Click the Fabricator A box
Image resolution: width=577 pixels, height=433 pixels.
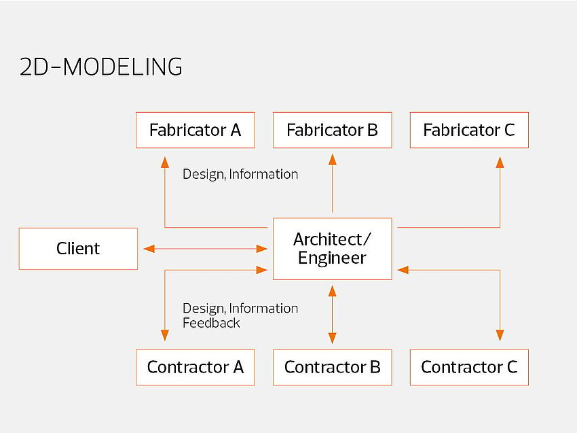click(195, 130)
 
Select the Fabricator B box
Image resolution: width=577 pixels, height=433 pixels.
click(332, 130)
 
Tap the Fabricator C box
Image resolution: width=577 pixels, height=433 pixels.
click(469, 130)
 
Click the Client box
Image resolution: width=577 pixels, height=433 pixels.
click(78, 249)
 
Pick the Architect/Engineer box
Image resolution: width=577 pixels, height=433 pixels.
click(332, 249)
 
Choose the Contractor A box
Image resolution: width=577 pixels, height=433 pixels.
click(195, 368)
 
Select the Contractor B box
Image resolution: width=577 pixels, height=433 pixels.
click(332, 368)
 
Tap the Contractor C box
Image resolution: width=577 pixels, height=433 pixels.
click(469, 368)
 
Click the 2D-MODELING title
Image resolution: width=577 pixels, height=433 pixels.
click(101, 67)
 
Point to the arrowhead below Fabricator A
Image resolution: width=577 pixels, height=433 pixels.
click(164, 162)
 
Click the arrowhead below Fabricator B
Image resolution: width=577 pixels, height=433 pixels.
click(332, 160)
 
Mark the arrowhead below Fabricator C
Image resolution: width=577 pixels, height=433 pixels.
click(500, 162)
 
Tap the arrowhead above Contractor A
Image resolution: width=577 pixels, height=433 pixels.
click(164, 334)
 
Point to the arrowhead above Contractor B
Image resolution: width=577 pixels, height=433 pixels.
click(332, 337)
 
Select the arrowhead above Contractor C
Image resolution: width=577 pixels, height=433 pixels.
click(500, 334)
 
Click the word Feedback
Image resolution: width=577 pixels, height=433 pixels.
click(211, 324)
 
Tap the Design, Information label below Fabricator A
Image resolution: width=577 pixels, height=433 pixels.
click(240, 174)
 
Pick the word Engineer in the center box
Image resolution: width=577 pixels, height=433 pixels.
click(332, 258)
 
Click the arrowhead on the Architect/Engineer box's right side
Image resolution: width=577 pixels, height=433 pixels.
click(403, 270)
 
